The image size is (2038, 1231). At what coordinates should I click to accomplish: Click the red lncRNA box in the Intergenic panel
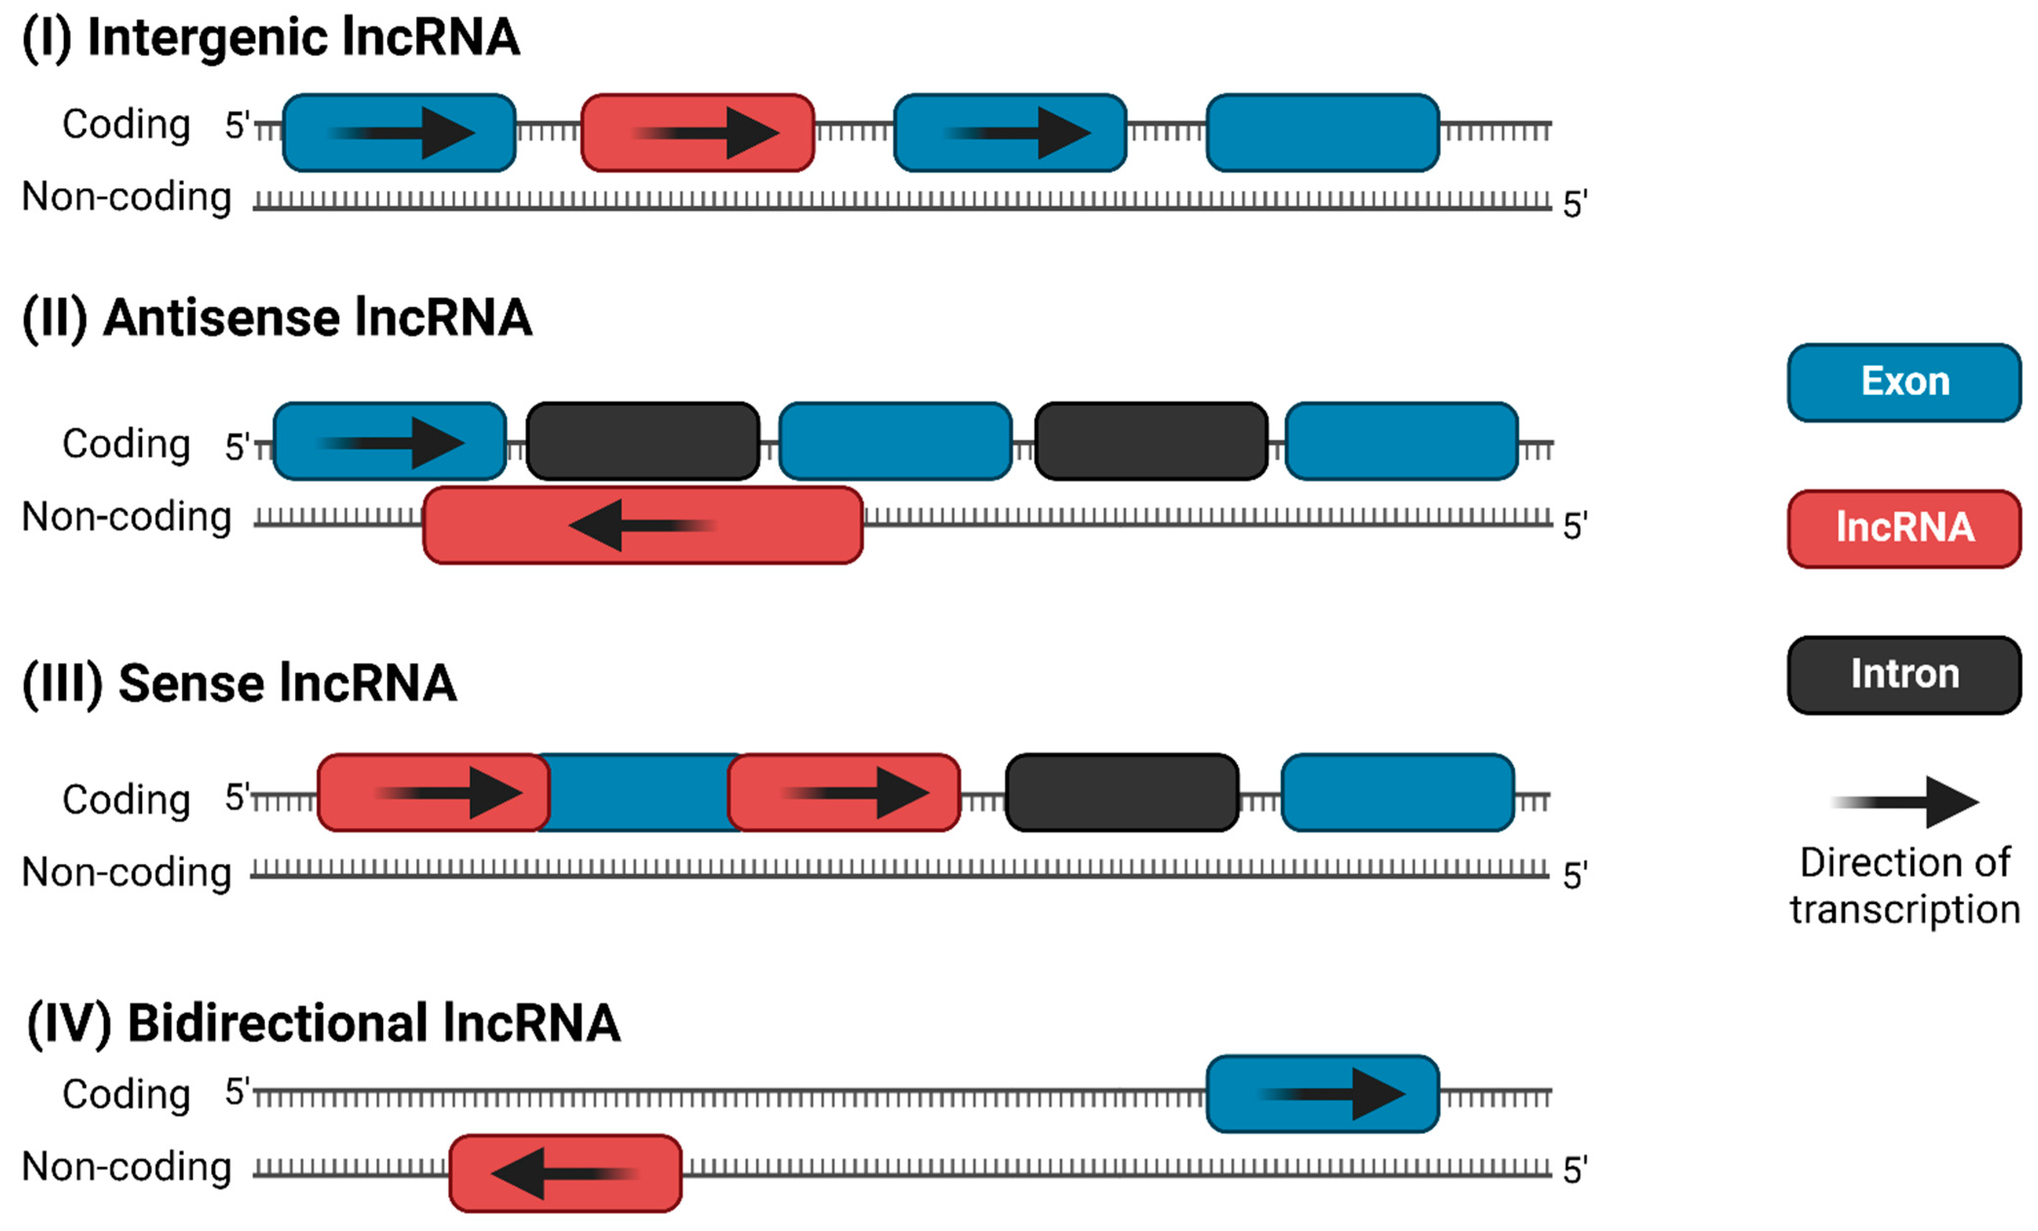[697, 132]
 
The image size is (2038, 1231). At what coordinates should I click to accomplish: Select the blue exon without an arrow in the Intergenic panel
[1322, 132]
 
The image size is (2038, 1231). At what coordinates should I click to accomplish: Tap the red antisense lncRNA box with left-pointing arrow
[643, 525]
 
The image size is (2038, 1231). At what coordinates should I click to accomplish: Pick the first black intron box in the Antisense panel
[643, 441]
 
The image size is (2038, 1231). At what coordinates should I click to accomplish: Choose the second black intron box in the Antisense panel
[1150, 441]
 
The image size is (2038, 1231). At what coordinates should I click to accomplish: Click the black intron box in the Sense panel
[1122, 792]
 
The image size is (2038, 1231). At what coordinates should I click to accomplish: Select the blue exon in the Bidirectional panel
[1322, 1093]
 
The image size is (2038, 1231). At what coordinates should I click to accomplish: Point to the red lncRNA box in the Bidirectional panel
[565, 1172]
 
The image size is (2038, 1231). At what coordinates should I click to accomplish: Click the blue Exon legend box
[1903, 382]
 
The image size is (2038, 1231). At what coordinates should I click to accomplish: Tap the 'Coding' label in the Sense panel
[126, 800]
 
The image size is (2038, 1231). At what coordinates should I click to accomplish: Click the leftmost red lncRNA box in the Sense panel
[433, 792]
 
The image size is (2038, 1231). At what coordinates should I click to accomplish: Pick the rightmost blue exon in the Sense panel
[1397, 792]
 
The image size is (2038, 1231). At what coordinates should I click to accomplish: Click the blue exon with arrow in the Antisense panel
[389, 441]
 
